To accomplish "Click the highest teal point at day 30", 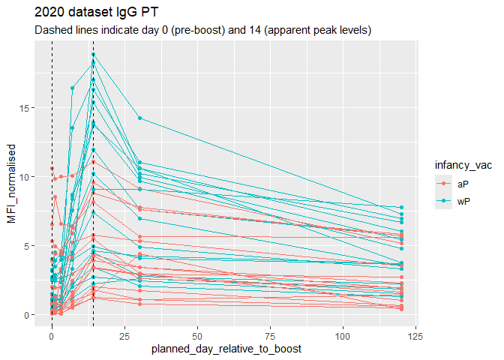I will click(x=139, y=118).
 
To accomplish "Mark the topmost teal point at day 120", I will click(x=401, y=208).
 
